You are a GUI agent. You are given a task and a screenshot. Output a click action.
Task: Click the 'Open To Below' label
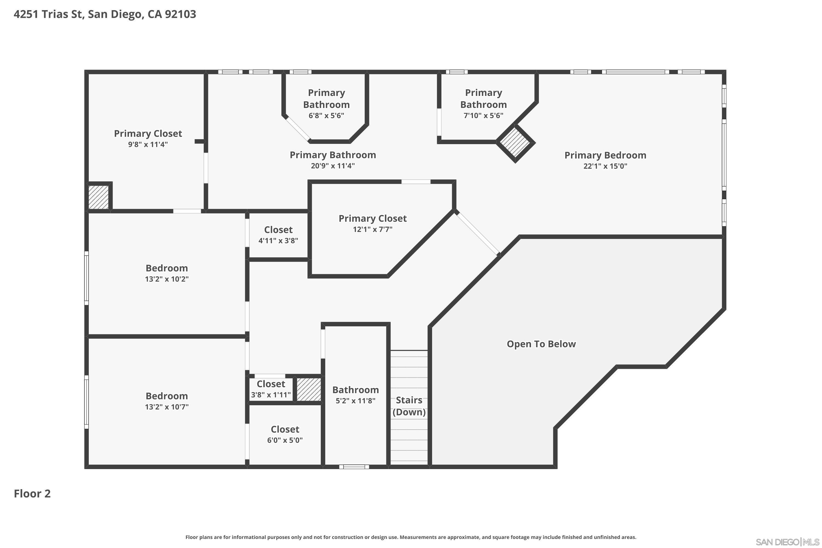coord(541,344)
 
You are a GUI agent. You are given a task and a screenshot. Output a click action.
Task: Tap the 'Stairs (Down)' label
coord(409,406)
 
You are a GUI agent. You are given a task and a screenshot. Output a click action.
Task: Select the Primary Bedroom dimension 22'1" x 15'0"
coord(605,166)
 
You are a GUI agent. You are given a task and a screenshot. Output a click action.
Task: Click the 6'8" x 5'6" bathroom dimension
coord(326,116)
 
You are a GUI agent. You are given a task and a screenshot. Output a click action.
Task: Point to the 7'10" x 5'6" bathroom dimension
coord(483,116)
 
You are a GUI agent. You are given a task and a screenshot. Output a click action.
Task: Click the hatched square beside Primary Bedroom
coord(515,142)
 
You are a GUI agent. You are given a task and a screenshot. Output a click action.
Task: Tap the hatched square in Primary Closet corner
coord(99,197)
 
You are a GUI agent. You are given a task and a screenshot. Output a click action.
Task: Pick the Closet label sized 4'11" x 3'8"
coord(278,230)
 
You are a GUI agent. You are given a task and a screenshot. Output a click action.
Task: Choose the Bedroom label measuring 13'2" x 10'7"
coord(167,396)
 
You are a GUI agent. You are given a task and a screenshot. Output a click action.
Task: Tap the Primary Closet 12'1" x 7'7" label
coord(373,218)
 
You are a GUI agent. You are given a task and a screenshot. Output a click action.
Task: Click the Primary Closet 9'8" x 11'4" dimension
coord(148,144)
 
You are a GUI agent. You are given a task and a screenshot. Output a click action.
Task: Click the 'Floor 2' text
coord(32,493)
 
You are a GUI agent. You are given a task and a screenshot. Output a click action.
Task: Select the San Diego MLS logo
coord(788,542)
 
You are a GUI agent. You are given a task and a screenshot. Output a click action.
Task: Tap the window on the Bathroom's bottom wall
coord(354,467)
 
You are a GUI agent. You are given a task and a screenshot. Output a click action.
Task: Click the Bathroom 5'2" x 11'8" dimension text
coord(355,401)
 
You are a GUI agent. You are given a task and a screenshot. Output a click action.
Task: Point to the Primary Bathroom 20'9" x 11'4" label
coord(333,155)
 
